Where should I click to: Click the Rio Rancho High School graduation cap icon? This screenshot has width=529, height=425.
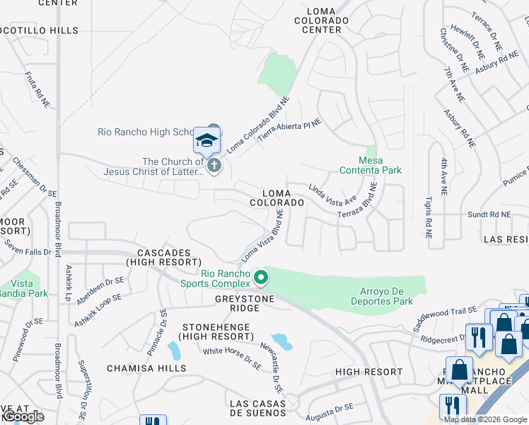click(207, 140)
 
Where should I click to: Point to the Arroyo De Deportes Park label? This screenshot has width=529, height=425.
click(382, 295)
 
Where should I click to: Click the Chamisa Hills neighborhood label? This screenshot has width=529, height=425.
click(146, 368)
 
